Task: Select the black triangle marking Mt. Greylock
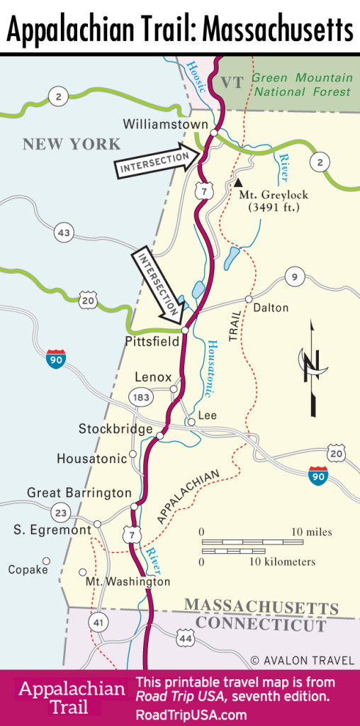click(x=229, y=182)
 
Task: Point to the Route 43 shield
click(x=64, y=231)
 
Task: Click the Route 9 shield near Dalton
click(x=294, y=277)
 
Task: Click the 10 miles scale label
click(x=311, y=532)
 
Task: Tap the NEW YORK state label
click(x=72, y=145)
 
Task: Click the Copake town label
click(x=28, y=569)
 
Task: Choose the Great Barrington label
click(x=79, y=493)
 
